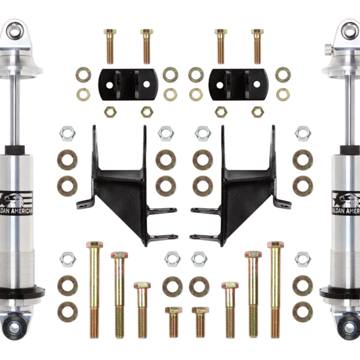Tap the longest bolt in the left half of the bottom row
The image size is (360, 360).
[94, 288]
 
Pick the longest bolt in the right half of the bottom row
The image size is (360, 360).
[275, 288]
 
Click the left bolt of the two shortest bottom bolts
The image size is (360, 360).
[173, 322]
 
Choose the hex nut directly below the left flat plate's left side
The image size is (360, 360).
[110, 111]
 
